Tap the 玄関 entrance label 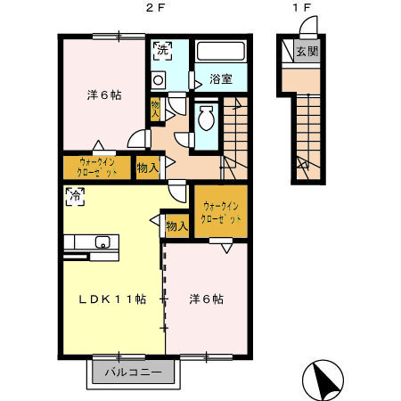(307, 51)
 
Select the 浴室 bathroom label (221, 78)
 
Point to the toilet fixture (207, 119)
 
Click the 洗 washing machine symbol (162, 51)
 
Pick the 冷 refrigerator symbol (73, 195)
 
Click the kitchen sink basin (102, 241)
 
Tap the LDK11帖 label (110, 299)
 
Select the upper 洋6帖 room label (103, 94)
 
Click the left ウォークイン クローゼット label (97, 167)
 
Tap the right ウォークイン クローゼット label (219, 214)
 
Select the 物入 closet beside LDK (176, 226)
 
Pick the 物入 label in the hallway (147, 167)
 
